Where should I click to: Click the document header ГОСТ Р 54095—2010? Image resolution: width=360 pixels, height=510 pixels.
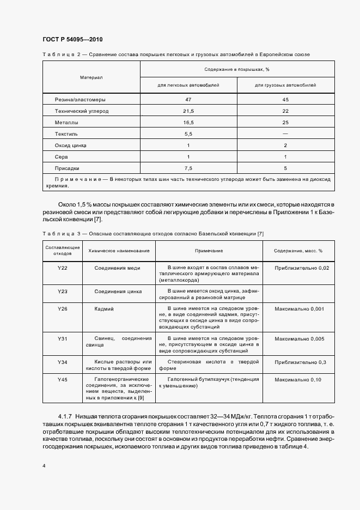(x=72, y=40)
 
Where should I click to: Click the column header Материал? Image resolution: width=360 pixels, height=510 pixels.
(x=91, y=77)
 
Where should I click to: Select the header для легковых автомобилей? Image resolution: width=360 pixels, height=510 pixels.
(x=188, y=86)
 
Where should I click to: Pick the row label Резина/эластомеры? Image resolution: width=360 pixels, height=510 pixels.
(x=80, y=100)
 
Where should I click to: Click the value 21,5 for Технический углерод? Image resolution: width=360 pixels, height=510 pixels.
(x=188, y=111)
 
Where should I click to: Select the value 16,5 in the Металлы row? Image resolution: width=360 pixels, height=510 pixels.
(x=188, y=123)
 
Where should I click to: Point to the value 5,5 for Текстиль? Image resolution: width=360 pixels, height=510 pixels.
(x=188, y=133)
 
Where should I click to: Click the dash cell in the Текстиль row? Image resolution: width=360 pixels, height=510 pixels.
(x=285, y=133)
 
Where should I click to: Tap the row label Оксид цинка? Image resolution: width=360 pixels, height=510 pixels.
(x=71, y=145)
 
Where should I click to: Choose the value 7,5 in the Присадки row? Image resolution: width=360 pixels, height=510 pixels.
(x=188, y=168)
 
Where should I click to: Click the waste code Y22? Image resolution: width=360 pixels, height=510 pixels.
(x=62, y=268)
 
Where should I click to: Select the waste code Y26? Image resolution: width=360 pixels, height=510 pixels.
(x=62, y=309)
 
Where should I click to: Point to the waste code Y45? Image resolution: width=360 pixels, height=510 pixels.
(x=62, y=379)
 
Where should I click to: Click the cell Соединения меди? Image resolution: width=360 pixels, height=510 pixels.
(x=117, y=268)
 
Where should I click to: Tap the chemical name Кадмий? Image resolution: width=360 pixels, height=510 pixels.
(x=104, y=309)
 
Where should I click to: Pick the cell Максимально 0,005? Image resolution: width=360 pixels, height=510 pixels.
(x=299, y=339)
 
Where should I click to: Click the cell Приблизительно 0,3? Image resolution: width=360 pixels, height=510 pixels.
(x=299, y=362)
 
